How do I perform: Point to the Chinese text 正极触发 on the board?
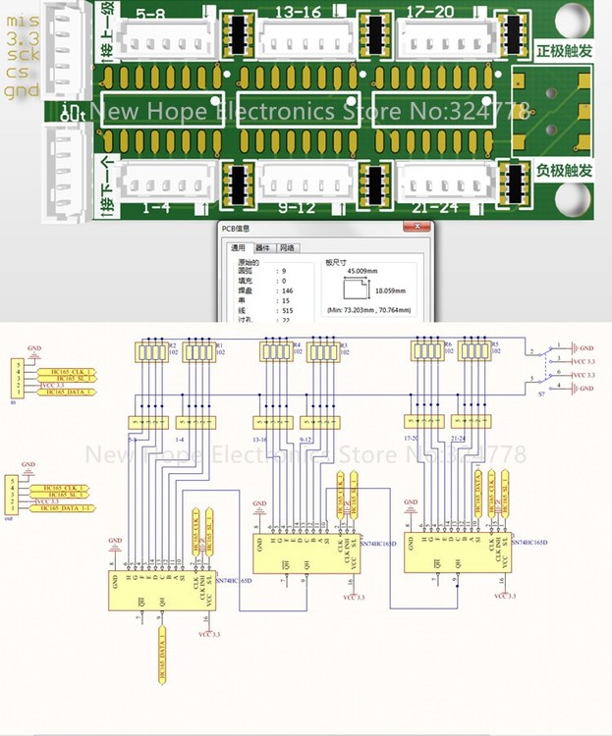565,49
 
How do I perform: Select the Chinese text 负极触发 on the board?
565,170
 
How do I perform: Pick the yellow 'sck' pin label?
23,56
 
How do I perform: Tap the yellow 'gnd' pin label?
23,92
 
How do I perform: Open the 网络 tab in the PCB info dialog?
288,248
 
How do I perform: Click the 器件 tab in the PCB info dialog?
263,248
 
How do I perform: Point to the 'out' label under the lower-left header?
10,516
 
